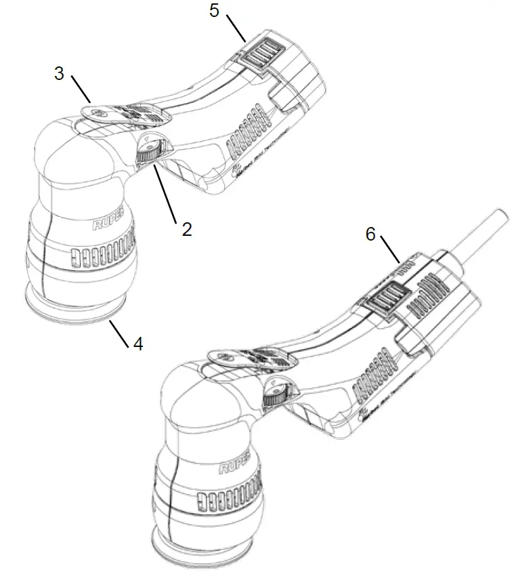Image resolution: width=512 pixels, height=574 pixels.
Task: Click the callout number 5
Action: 214,12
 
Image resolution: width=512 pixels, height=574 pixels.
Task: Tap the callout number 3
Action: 59,73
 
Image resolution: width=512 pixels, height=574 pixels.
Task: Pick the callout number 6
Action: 370,234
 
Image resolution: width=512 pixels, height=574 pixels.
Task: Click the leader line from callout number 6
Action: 389,250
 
